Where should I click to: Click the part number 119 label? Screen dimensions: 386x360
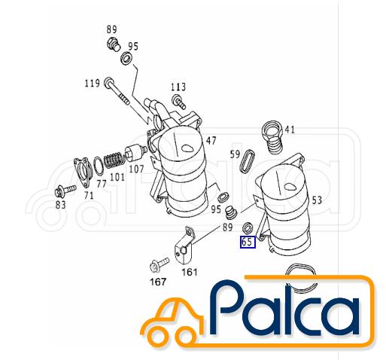(x=93, y=83)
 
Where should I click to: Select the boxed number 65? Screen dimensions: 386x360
(x=248, y=242)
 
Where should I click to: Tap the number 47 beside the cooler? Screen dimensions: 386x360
(x=211, y=141)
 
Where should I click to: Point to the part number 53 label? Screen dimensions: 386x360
(x=317, y=200)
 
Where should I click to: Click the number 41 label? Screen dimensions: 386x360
(x=290, y=130)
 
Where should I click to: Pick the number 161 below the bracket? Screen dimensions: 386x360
(x=190, y=272)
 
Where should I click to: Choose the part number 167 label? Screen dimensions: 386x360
(x=158, y=282)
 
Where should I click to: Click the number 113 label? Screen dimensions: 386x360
(x=178, y=87)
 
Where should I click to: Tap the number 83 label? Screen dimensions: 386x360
(x=60, y=205)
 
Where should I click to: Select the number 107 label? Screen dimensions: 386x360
(x=136, y=169)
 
